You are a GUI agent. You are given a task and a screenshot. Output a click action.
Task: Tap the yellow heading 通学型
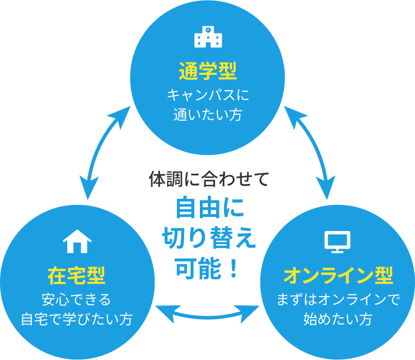click(x=207, y=71)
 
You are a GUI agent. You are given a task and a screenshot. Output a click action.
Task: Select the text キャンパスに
click(x=207, y=95)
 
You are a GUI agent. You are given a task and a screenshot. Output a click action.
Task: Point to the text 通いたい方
click(x=207, y=116)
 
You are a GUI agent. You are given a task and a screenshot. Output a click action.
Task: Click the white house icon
click(x=76, y=240)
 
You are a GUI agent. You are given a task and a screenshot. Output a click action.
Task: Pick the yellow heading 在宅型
click(x=76, y=275)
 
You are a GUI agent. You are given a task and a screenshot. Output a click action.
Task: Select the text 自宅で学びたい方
click(x=76, y=320)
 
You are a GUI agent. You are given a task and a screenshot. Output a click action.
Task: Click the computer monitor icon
click(x=337, y=241)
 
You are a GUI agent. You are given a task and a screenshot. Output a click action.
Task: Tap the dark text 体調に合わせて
click(x=209, y=179)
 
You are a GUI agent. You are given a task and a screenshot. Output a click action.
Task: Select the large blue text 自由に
click(x=209, y=208)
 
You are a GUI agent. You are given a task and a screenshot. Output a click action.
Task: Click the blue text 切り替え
click(x=209, y=238)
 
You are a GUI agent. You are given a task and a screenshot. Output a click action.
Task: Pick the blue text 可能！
click(x=209, y=268)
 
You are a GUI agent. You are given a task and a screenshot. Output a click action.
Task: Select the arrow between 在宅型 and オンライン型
click(x=207, y=312)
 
